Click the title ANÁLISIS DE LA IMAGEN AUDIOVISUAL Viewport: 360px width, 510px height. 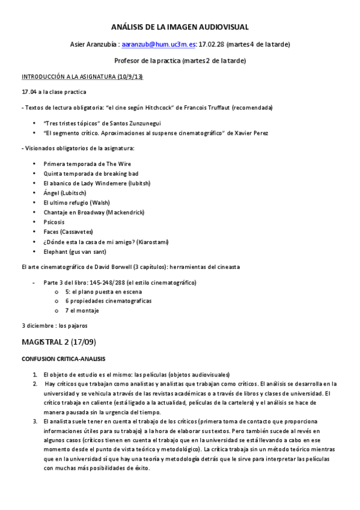coord(180,27)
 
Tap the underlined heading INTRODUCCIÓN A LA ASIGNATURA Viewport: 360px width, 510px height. coord(82,76)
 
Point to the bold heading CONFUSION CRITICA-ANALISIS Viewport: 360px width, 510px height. coord(63,358)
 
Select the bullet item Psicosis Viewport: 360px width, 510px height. coord(54,221)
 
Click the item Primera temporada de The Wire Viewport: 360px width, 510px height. coord(87,164)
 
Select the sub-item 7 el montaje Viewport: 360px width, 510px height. coord(82,310)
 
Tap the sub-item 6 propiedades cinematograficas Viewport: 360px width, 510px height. coord(108,301)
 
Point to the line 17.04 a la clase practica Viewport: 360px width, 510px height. coord(54,92)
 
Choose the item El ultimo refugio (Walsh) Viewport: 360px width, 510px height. coord(76,202)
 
